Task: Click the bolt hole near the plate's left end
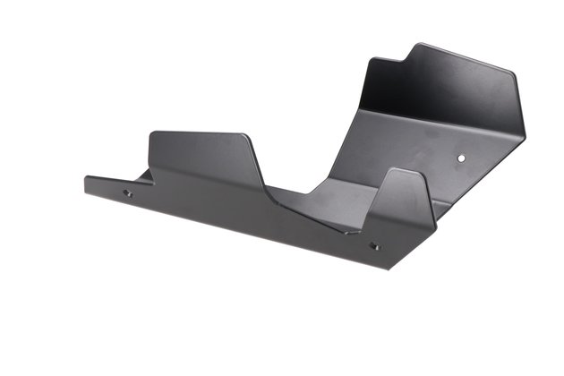click(x=126, y=192)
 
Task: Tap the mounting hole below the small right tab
click(x=374, y=246)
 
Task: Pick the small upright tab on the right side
click(x=405, y=201)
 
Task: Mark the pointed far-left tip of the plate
click(x=86, y=179)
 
